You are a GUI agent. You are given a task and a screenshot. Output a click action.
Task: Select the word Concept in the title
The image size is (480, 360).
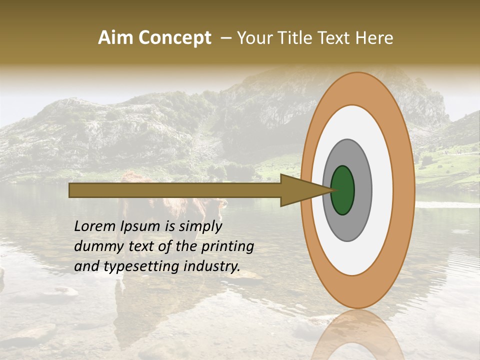(174, 38)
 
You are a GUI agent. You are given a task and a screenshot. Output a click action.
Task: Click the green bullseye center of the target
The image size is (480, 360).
(343, 190)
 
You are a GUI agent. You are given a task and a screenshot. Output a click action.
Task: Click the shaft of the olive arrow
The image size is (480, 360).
(175, 190)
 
